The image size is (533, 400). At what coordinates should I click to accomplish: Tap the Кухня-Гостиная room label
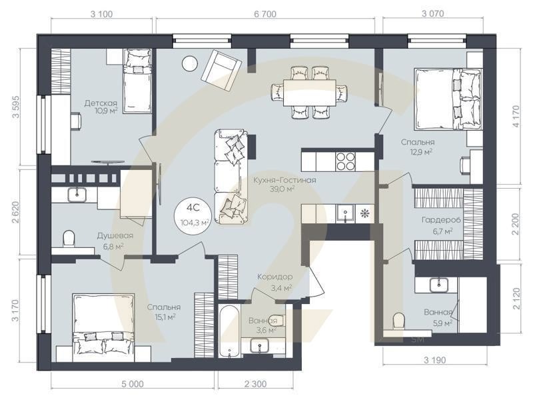(x=284, y=180)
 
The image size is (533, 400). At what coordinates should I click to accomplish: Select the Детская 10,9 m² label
(x=101, y=107)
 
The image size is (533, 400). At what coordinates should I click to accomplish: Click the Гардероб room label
(x=441, y=220)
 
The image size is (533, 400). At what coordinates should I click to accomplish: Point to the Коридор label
(x=274, y=277)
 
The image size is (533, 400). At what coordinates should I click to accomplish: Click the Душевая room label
(x=115, y=236)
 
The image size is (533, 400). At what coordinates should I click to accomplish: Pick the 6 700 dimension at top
(x=265, y=14)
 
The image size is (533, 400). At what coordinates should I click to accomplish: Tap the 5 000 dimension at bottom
(x=132, y=385)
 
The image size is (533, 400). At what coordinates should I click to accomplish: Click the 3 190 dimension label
(x=435, y=360)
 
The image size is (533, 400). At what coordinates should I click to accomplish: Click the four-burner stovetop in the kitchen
(x=345, y=161)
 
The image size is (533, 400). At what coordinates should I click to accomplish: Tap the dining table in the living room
(x=310, y=93)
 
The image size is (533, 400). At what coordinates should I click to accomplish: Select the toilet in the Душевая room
(x=69, y=238)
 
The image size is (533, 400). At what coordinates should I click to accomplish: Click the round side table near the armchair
(x=190, y=63)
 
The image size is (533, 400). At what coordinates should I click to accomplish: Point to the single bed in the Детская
(x=137, y=81)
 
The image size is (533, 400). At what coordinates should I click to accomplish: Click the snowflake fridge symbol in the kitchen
(x=365, y=213)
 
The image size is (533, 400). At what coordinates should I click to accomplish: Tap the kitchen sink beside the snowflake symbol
(x=345, y=213)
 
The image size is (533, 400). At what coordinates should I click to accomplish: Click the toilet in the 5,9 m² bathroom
(x=398, y=321)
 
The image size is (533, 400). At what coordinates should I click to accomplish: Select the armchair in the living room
(x=221, y=70)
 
